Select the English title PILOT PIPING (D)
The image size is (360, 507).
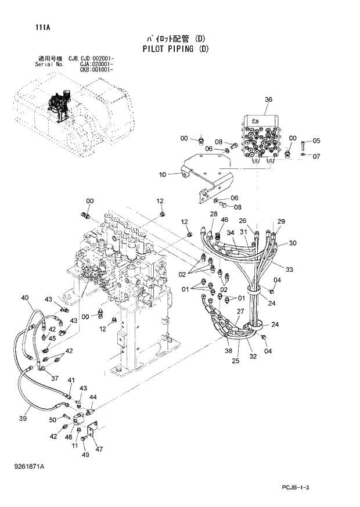click(x=175, y=49)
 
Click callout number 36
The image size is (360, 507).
click(x=268, y=100)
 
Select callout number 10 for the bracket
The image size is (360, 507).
click(x=162, y=174)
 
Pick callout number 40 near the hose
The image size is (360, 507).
click(x=24, y=298)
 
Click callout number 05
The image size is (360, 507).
click(x=316, y=141)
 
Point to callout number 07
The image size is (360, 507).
click(x=316, y=156)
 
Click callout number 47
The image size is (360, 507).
click(x=99, y=449)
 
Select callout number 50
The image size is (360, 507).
click(x=53, y=419)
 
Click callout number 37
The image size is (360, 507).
click(x=55, y=378)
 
